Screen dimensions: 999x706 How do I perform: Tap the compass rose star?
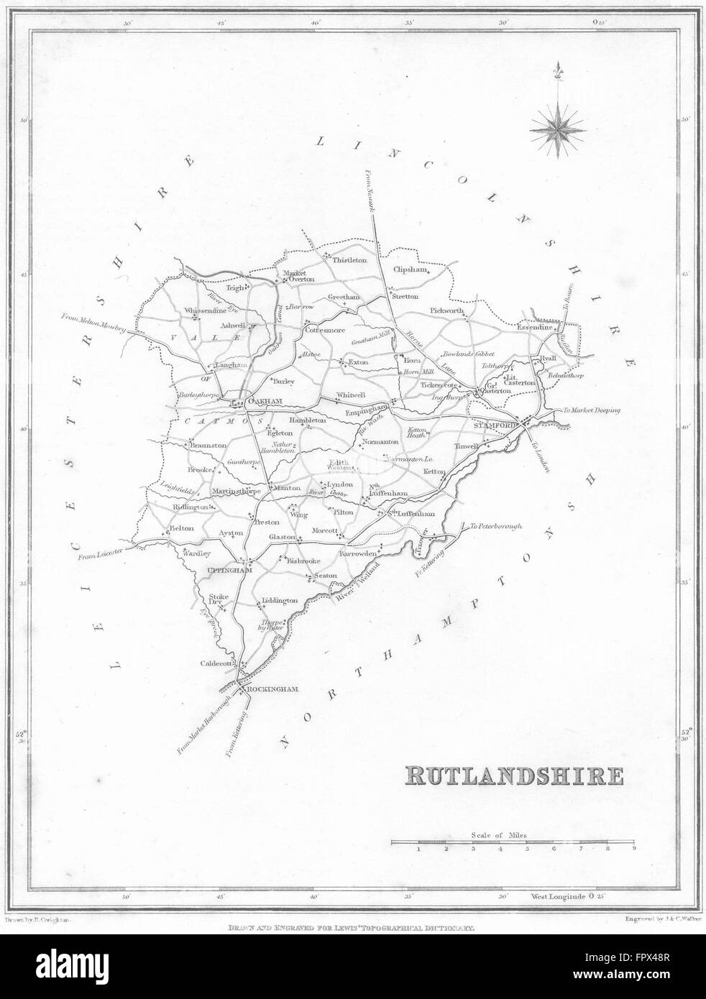(558, 129)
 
